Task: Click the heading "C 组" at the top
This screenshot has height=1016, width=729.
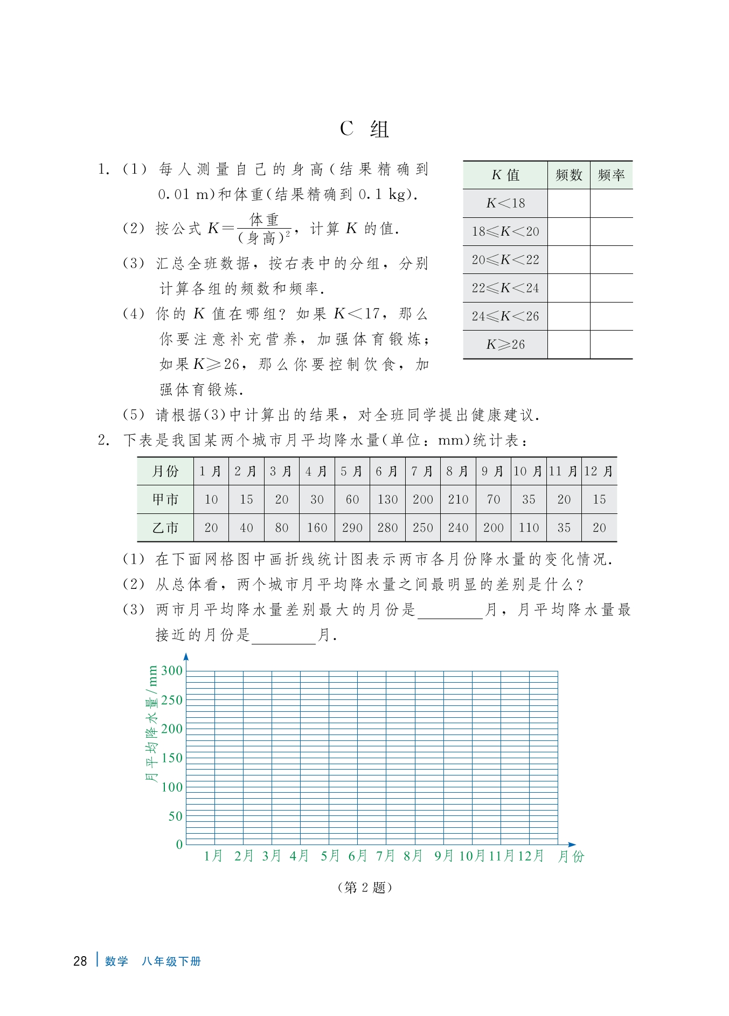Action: click(x=364, y=129)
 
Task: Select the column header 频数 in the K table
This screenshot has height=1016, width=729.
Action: click(x=568, y=175)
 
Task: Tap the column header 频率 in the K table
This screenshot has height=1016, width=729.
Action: click(x=611, y=175)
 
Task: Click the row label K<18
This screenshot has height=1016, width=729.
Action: click(x=505, y=203)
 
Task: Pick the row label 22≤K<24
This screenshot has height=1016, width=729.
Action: click(x=505, y=288)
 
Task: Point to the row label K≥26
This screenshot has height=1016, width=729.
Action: click(x=505, y=345)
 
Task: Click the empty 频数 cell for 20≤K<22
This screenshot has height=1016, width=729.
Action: click(x=568, y=260)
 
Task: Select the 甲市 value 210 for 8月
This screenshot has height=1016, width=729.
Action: click(x=458, y=499)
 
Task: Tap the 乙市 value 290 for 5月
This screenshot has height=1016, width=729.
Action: click(x=352, y=527)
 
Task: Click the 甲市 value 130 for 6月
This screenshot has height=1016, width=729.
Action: click(x=387, y=499)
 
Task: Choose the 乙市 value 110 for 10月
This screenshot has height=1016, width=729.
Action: click(x=529, y=527)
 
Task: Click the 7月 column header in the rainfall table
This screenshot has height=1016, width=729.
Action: click(x=422, y=471)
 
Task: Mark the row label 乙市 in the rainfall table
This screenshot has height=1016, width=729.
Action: click(x=165, y=527)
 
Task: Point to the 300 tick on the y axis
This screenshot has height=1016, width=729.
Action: click(x=172, y=671)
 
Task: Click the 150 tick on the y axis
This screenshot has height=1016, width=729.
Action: click(x=172, y=758)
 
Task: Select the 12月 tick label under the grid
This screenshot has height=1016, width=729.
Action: click(x=531, y=856)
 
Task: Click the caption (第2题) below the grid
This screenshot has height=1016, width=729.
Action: click(x=364, y=887)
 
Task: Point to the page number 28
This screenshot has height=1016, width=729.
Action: click(x=80, y=961)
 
